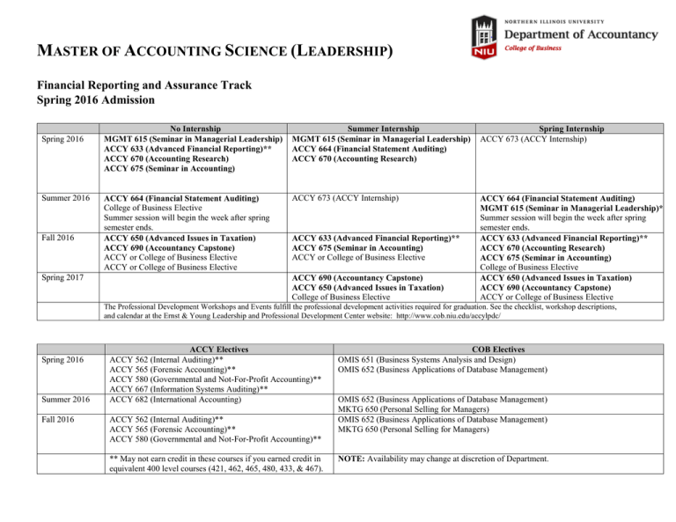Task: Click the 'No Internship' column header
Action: pyautogui.click(x=192, y=129)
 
